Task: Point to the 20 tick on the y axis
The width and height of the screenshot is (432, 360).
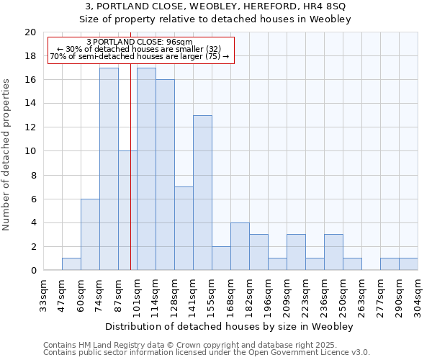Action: pyautogui.click(x=30, y=32)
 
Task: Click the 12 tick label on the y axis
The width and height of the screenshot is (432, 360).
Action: pyautogui.click(x=30, y=127)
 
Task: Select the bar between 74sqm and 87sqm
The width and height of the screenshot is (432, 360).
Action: pyautogui.click(x=109, y=169)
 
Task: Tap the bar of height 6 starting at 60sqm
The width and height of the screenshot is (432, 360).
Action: pyautogui.click(x=90, y=235)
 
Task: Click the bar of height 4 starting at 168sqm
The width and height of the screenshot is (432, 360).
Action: pyautogui.click(x=240, y=246)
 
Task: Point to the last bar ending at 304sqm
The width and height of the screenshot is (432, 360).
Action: pyautogui.click(x=408, y=264)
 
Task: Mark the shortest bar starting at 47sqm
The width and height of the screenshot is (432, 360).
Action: pyautogui.click(x=71, y=264)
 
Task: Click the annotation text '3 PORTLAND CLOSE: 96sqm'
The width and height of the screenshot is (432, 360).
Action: pyautogui.click(x=140, y=42)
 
